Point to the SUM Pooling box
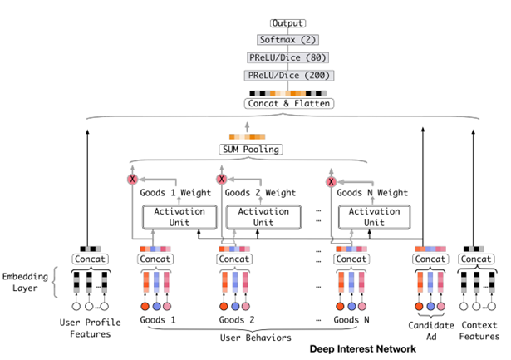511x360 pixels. click(x=251, y=150)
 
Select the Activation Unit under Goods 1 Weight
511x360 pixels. click(x=180, y=217)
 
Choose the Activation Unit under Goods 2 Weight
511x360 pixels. click(x=263, y=217)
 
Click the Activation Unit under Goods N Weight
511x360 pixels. click(x=373, y=217)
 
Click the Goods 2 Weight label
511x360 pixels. click(x=263, y=193)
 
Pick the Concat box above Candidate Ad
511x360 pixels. click(x=430, y=259)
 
